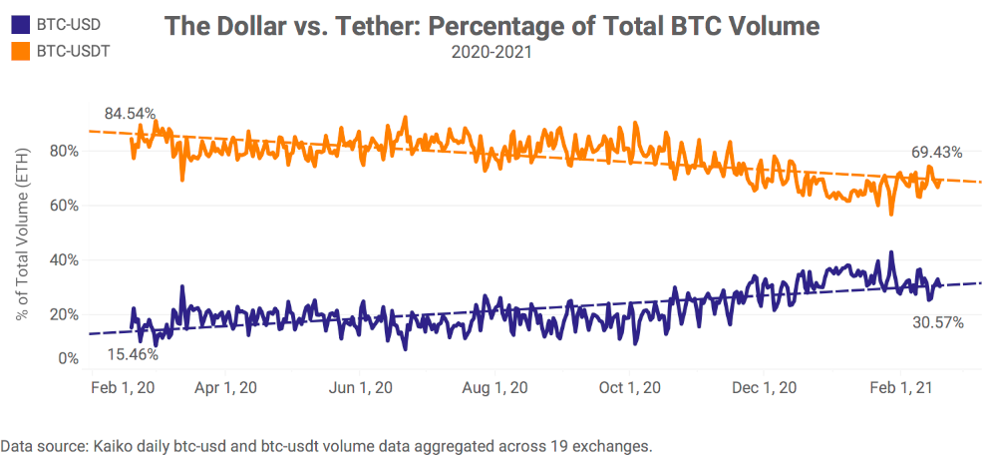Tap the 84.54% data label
[131, 114]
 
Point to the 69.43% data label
[936, 153]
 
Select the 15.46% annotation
[133, 353]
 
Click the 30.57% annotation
[937, 322]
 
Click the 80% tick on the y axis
[64, 152]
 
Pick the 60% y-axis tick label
[64, 206]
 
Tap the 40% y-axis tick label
[64, 259]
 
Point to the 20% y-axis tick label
[64, 313]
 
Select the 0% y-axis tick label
[68, 358]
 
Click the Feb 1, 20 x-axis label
[124, 387]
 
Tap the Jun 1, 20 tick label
[360, 387]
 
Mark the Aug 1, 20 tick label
[494, 387]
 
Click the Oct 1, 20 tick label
[629, 387]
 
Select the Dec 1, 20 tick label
[765, 387]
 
